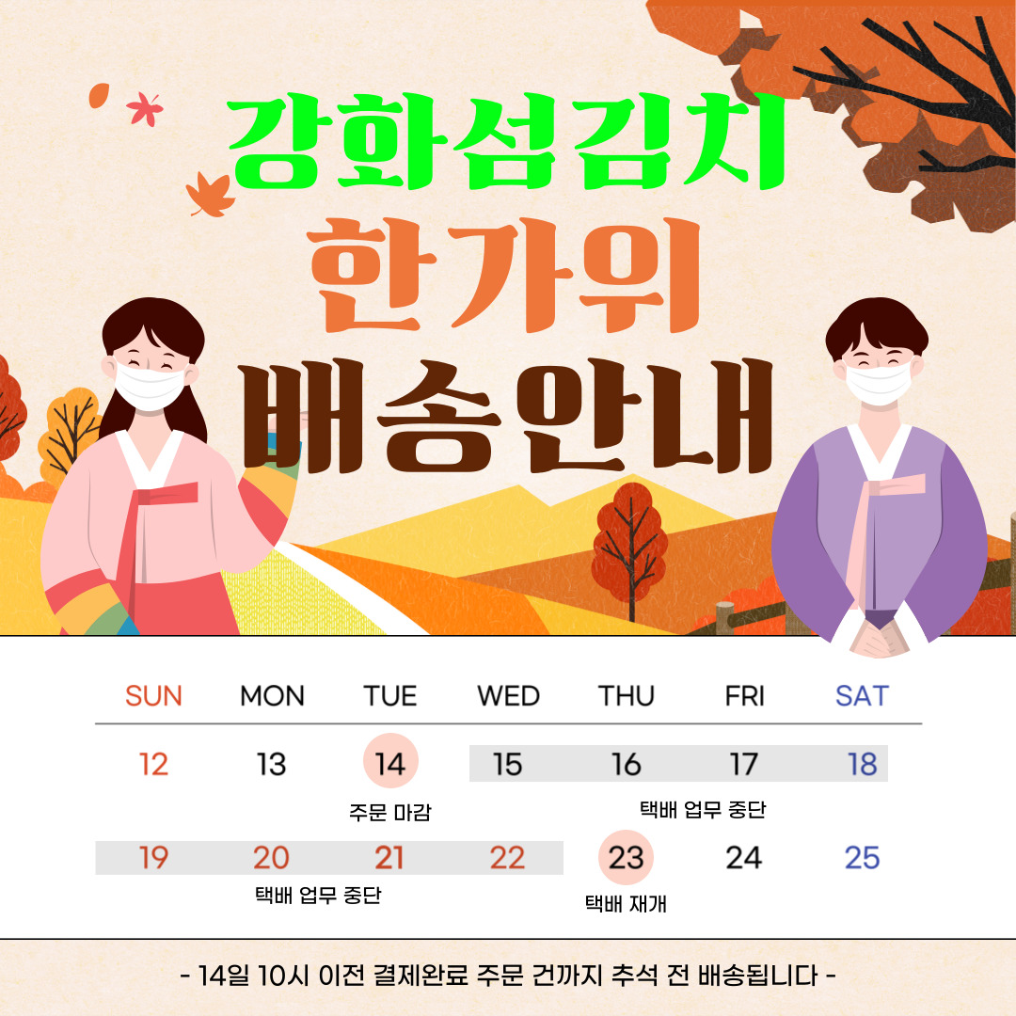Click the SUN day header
(x=153, y=696)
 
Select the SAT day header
(x=862, y=696)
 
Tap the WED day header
(x=508, y=696)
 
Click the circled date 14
(x=390, y=761)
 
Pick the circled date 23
(x=626, y=857)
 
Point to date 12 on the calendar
(x=153, y=764)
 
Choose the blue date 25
(x=862, y=858)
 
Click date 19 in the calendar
(x=153, y=858)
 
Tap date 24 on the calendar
(x=744, y=858)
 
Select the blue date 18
(x=863, y=764)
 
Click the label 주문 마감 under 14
(x=390, y=812)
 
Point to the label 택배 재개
(x=626, y=903)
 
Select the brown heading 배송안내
(x=507, y=418)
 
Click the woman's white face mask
(x=150, y=387)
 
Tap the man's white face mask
(x=879, y=384)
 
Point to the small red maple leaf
(x=145, y=109)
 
